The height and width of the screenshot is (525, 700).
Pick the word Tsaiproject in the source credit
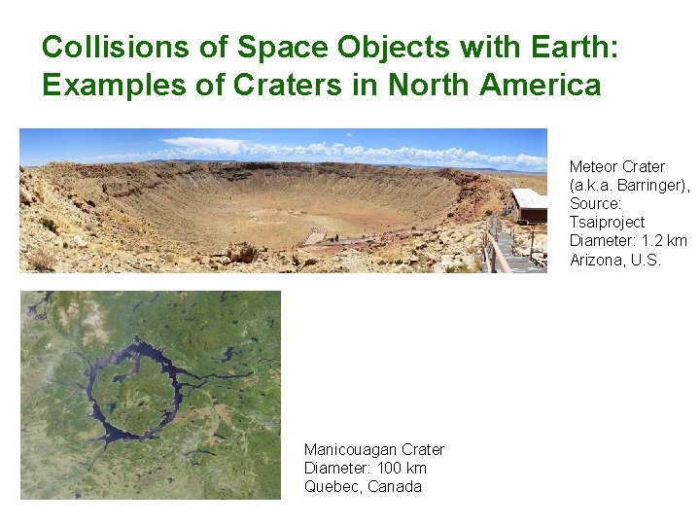point(607,222)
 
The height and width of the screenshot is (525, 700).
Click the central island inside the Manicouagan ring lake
point(136,389)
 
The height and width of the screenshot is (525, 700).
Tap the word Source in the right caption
point(595,203)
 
